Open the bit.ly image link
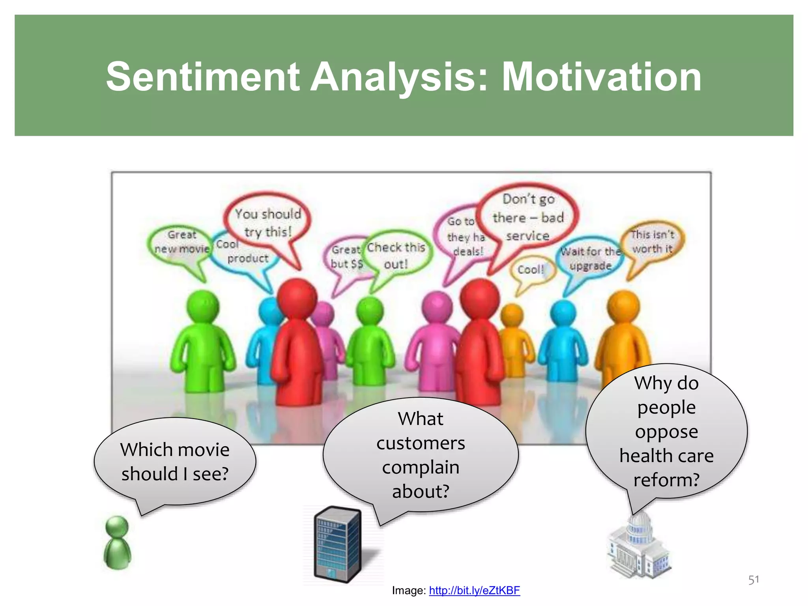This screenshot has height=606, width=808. point(474,590)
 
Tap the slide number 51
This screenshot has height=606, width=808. point(754,580)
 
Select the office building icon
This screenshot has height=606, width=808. point(338,544)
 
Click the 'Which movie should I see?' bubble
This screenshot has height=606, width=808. point(175,462)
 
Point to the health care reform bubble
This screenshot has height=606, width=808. point(666,431)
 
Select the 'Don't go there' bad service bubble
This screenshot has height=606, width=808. point(528,217)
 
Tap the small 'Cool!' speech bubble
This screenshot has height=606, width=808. point(531,269)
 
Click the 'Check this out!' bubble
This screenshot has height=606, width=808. point(396,255)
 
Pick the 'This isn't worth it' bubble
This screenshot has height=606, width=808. point(652,241)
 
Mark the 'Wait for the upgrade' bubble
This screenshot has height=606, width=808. point(591,258)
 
